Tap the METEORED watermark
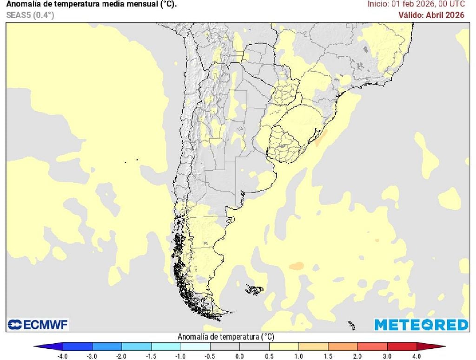pos(421,324)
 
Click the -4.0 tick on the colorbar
pos(63,356)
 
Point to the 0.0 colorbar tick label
pos(239,356)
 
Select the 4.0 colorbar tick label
pos(416,356)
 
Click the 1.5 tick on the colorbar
pos(328,356)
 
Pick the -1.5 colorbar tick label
pos(151,356)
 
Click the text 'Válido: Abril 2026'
pos(431,15)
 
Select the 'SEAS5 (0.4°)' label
pos(30,15)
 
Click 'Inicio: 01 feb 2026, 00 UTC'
pos(416,4)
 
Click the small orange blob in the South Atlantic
pos(296,266)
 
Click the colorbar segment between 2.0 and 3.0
pos(372,347)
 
